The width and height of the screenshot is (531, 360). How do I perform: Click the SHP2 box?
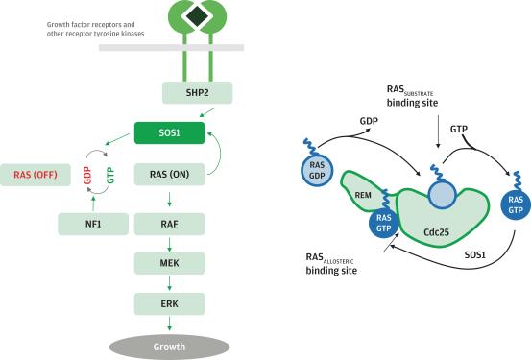197,92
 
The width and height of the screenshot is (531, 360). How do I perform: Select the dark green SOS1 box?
169,132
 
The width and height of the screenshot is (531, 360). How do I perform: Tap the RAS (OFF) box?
36,175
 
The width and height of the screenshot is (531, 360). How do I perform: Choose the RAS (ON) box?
169,175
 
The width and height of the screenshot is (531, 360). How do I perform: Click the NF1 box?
93,224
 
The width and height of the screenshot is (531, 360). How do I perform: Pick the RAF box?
169,224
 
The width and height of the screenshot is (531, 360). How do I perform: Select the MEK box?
169,263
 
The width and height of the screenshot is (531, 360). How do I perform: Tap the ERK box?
169,303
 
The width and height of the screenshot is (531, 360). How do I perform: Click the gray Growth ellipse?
169,347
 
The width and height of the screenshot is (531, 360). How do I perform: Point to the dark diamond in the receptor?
198,15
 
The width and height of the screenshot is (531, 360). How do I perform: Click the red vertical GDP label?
87,175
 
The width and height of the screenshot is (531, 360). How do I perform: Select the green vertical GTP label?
110,175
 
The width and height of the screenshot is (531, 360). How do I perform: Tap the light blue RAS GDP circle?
317,170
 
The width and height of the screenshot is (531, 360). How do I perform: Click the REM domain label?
363,195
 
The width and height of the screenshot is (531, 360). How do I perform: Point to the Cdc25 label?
436,232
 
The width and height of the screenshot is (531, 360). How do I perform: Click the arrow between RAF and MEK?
169,245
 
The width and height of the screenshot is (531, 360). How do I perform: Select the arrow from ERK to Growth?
169,324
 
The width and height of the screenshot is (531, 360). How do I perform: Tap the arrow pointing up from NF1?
94,204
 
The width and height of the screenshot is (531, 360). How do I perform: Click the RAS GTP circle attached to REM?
384,223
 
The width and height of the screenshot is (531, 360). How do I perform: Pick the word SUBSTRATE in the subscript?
419,93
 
